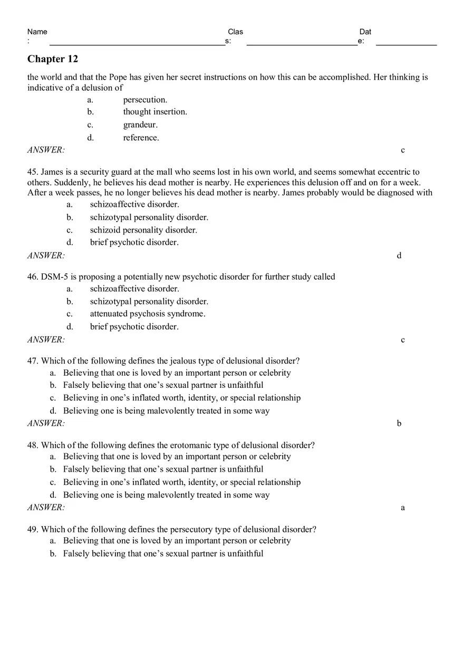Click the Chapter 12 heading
(53, 59)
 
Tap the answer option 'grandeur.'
(140, 125)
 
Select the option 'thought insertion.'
(155, 112)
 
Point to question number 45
(33, 172)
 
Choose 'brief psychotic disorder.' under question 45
(134, 243)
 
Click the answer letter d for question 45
(399, 256)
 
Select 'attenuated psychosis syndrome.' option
(148, 314)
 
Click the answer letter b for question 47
(399, 423)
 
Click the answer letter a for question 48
(403, 508)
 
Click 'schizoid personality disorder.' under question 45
(143, 230)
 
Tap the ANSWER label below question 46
(46, 340)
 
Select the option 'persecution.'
(145, 100)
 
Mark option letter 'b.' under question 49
(53, 554)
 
